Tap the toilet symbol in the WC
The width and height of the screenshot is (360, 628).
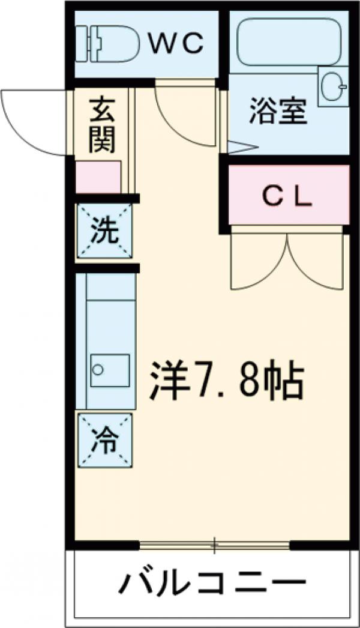107,44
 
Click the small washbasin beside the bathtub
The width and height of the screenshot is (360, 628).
334,86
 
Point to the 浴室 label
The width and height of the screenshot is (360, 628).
278,110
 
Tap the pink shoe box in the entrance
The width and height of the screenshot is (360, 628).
98,177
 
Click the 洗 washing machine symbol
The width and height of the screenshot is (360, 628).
104,231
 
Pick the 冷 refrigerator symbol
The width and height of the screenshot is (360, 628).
104,440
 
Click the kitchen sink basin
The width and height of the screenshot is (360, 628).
110,370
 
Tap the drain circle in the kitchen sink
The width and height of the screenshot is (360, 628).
97,370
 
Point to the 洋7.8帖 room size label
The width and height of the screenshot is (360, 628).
227,379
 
